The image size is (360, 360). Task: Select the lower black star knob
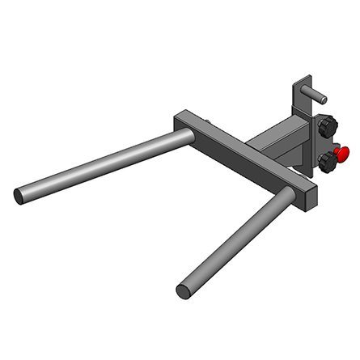(x=328, y=163)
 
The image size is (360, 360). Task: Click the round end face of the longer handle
(x=19, y=195)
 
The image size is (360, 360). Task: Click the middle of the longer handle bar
(x=101, y=167)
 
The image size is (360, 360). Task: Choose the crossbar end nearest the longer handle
(x=182, y=121)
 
